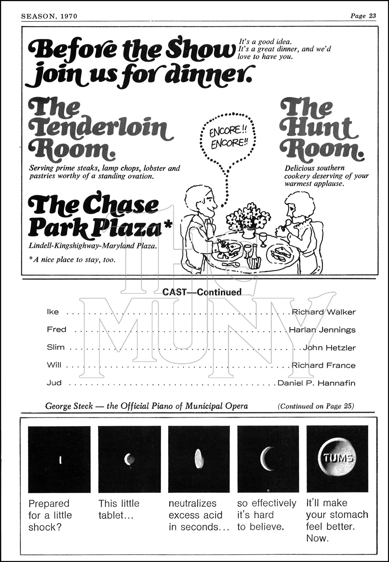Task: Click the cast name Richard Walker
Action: pyautogui.click(x=324, y=312)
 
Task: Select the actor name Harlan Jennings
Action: pyautogui.click(x=322, y=329)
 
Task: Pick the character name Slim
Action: pyautogui.click(x=56, y=347)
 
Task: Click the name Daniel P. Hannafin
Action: pyautogui.click(x=316, y=383)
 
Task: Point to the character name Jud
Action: pyautogui.click(x=54, y=382)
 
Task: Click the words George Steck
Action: pyautogui.click(x=69, y=406)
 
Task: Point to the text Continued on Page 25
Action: pyautogui.click(x=316, y=406)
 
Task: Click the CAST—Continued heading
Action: pyautogui.click(x=202, y=292)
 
